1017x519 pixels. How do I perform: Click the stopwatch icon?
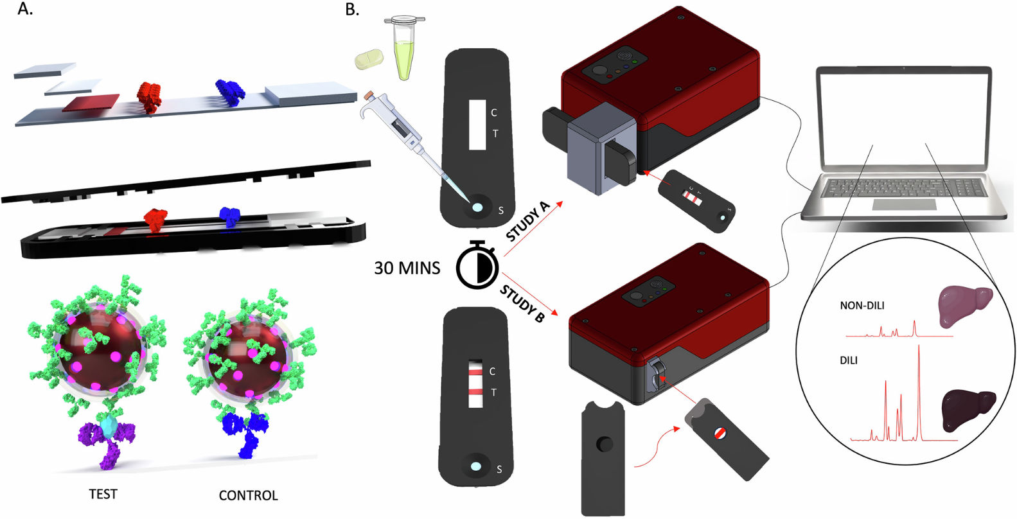tap(477, 265)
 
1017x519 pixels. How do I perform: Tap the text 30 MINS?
tap(407, 268)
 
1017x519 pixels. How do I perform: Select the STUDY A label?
tap(527, 221)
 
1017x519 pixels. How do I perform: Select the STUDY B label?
tap(522, 303)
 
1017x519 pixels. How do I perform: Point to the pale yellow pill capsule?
tap(369, 59)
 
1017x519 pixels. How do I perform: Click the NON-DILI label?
tap(862, 306)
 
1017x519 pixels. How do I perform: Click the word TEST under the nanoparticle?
tap(103, 494)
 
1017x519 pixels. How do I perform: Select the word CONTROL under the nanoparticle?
tap(248, 495)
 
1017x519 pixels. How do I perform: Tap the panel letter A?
tap(24, 10)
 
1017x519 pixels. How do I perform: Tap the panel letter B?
tap(351, 10)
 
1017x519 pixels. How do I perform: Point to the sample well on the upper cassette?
tap(477, 207)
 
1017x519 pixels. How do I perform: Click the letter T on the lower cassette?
tap(493, 392)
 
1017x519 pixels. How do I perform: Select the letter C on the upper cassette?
tap(493, 113)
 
